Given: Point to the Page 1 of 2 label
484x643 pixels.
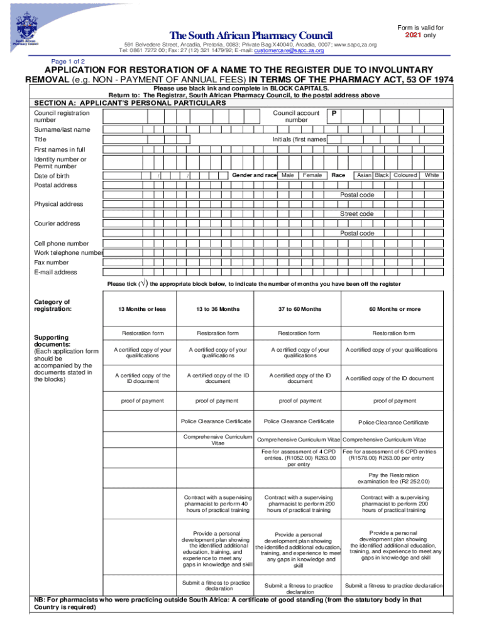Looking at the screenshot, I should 69,61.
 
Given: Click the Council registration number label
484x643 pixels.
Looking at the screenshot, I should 61,116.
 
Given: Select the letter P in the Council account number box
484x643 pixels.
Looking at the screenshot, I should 334,114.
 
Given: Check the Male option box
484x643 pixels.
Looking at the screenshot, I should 288,175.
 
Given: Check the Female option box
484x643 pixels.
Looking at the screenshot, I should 312,175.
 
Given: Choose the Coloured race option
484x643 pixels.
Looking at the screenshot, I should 405,175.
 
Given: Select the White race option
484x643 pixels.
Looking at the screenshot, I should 432,175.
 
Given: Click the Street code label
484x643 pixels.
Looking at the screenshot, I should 357,214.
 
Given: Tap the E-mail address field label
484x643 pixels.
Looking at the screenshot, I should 55,273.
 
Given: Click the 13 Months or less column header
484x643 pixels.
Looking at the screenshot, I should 142,309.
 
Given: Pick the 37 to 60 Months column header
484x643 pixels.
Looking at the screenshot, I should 299,309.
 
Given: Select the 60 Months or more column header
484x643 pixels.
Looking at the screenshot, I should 395,309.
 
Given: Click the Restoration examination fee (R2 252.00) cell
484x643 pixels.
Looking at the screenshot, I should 393,478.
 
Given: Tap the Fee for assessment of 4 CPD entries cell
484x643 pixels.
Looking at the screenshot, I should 299,458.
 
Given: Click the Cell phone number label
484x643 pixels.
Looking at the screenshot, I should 61,244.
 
